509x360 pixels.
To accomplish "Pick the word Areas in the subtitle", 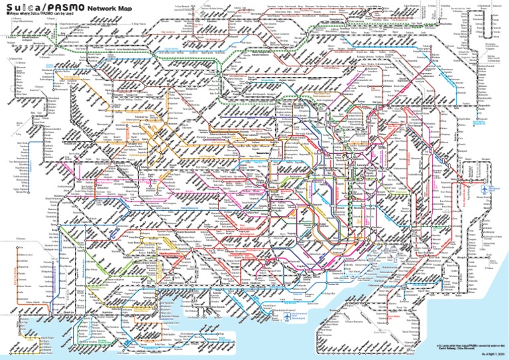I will click(x=12, y=13).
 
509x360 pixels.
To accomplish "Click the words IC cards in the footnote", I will click(x=444, y=345).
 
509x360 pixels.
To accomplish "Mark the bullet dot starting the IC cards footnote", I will click(x=437, y=345).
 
